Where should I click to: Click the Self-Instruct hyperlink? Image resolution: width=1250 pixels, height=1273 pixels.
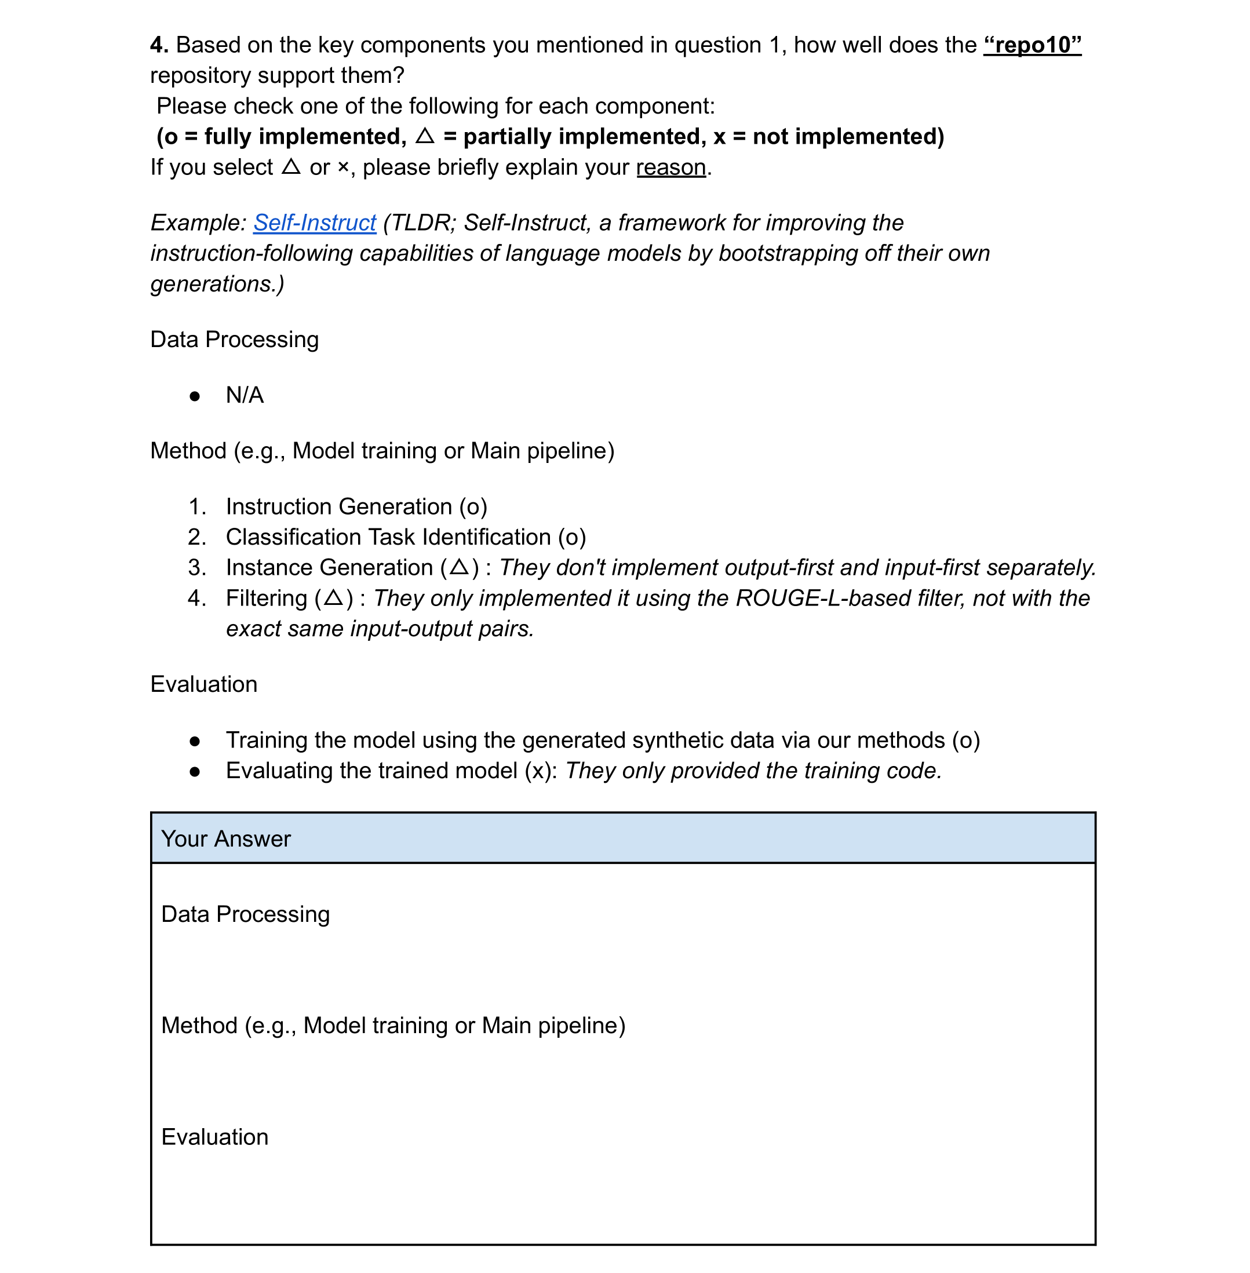coord(315,223)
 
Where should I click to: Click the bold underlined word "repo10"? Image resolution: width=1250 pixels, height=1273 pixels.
coord(1032,45)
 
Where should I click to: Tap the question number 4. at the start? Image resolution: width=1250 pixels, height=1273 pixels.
coord(159,45)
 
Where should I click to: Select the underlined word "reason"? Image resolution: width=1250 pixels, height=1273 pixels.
coord(671,167)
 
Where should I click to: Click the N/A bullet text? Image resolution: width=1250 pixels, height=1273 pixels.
coord(244,395)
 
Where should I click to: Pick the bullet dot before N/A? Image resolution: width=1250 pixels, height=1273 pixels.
coord(194,396)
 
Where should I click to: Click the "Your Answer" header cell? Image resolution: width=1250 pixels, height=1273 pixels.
coord(622,838)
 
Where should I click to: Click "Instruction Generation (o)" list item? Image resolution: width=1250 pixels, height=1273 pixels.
coord(356,507)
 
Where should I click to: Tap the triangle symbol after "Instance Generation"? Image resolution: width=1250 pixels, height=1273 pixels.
coord(460,567)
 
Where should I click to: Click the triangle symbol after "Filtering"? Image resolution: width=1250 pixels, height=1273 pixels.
coord(334,597)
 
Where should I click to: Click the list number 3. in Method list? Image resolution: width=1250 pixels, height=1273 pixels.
coord(197,567)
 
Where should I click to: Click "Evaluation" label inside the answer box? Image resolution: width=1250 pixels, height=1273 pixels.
coord(214,1137)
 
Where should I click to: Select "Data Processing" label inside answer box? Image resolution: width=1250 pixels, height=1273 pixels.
coord(245,914)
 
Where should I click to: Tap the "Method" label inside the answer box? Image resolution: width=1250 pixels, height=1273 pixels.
coord(199,1026)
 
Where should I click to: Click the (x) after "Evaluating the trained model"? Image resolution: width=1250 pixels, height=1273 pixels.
coord(540,771)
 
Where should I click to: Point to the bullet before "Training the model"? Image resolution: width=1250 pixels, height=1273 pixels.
coord(194,741)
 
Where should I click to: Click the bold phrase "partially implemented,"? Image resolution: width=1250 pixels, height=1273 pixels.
coord(584,137)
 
